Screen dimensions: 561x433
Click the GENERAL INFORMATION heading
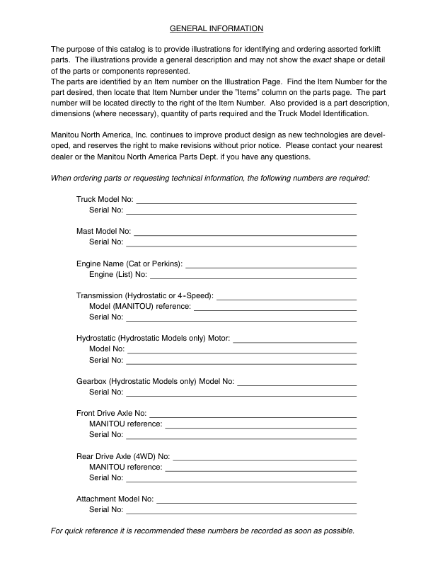(216, 28)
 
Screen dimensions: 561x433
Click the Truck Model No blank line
(246, 203)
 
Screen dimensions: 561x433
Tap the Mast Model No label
(103, 231)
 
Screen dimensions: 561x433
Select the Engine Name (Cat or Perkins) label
(129, 263)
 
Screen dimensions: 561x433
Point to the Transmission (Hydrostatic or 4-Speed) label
(144, 295)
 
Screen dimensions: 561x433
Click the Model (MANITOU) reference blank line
(275, 309)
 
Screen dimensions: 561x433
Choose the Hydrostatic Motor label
(154, 338)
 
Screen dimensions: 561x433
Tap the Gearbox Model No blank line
(297, 384)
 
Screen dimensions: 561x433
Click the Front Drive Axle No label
(111, 412)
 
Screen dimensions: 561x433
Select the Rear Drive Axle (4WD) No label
(123, 455)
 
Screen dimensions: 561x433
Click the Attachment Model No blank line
(256, 501)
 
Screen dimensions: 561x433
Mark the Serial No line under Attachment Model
(241, 512)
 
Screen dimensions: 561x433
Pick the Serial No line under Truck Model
(241, 213)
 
